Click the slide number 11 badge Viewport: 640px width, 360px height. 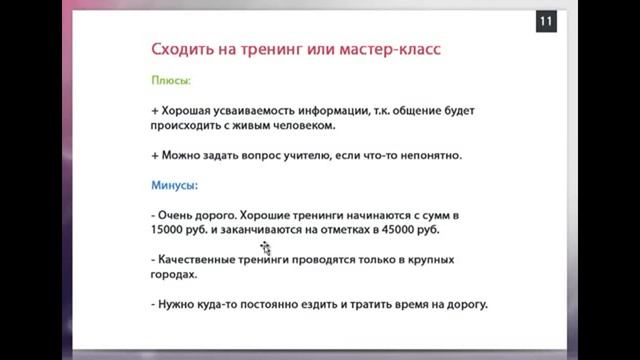point(546,22)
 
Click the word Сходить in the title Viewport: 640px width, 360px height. point(181,49)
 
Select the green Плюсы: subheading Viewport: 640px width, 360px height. point(171,80)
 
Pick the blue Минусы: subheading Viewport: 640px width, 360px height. point(175,186)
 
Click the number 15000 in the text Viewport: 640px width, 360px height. point(170,230)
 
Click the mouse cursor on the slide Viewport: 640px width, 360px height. point(266,246)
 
